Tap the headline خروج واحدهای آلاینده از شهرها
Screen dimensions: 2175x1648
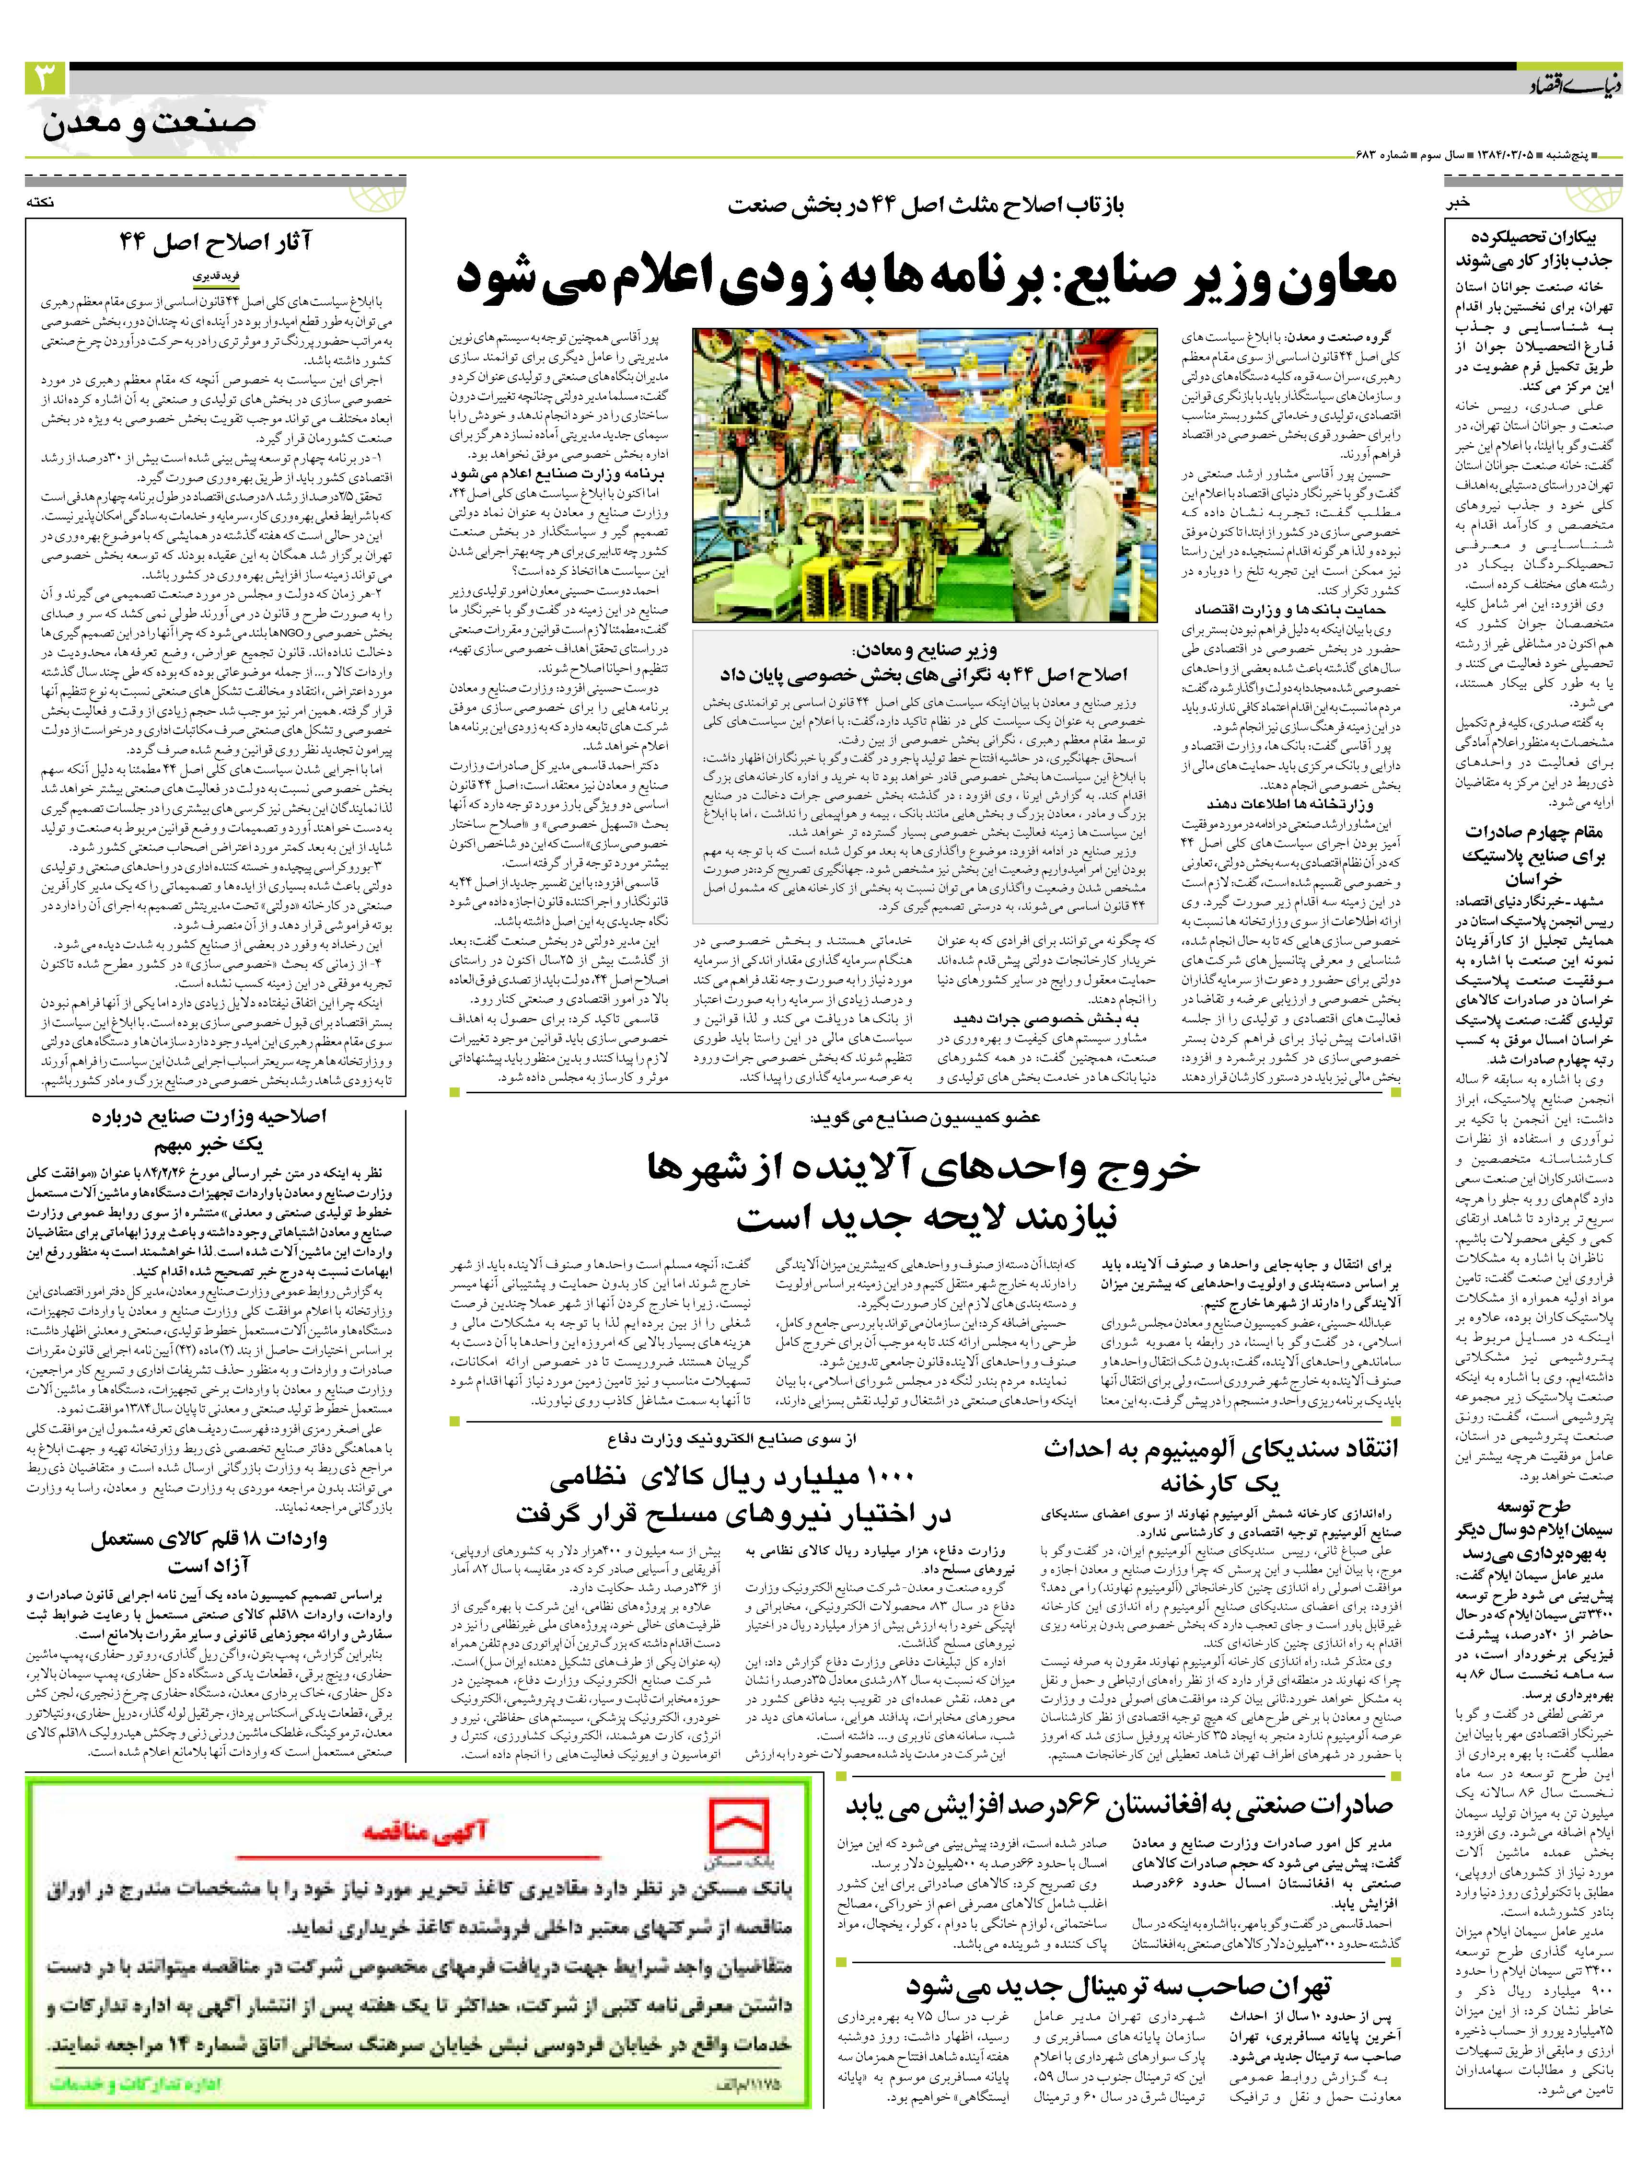[924, 1166]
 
